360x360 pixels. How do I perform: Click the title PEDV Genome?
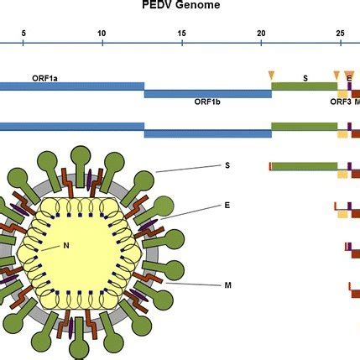tap(181, 4)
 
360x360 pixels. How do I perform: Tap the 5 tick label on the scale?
tap(23, 34)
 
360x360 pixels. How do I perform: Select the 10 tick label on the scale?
tap(102, 34)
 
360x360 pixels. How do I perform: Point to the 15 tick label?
tap(182, 34)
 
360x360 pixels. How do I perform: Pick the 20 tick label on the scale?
tap(261, 34)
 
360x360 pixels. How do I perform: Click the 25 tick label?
tap(341, 34)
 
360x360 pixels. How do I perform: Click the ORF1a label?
tap(44, 78)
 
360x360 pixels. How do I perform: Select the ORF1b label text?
tap(207, 102)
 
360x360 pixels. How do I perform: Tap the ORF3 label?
tap(341, 102)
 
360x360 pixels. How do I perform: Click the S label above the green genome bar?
tap(305, 78)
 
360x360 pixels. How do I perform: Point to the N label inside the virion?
tap(66, 246)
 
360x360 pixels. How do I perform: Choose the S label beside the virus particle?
tap(227, 165)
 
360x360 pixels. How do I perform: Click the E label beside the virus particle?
tap(227, 206)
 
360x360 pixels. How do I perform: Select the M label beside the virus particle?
tap(228, 285)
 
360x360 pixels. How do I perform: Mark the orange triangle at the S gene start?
tap(271, 76)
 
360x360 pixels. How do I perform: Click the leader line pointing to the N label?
tap(50, 248)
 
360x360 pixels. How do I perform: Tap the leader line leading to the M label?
tap(193, 284)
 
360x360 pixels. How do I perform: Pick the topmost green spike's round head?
tap(81, 155)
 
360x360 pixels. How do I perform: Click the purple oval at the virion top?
tap(90, 180)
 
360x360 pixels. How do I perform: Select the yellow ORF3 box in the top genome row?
tap(342, 94)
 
